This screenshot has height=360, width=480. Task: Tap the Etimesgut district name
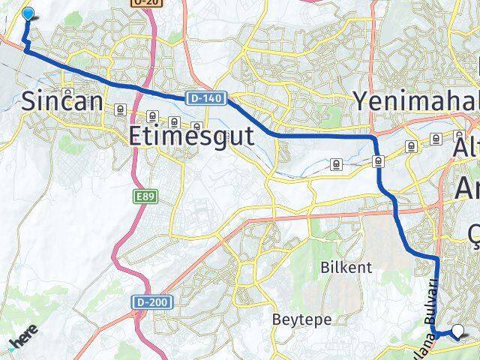click(191, 136)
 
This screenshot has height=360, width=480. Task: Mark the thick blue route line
click(322, 136)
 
